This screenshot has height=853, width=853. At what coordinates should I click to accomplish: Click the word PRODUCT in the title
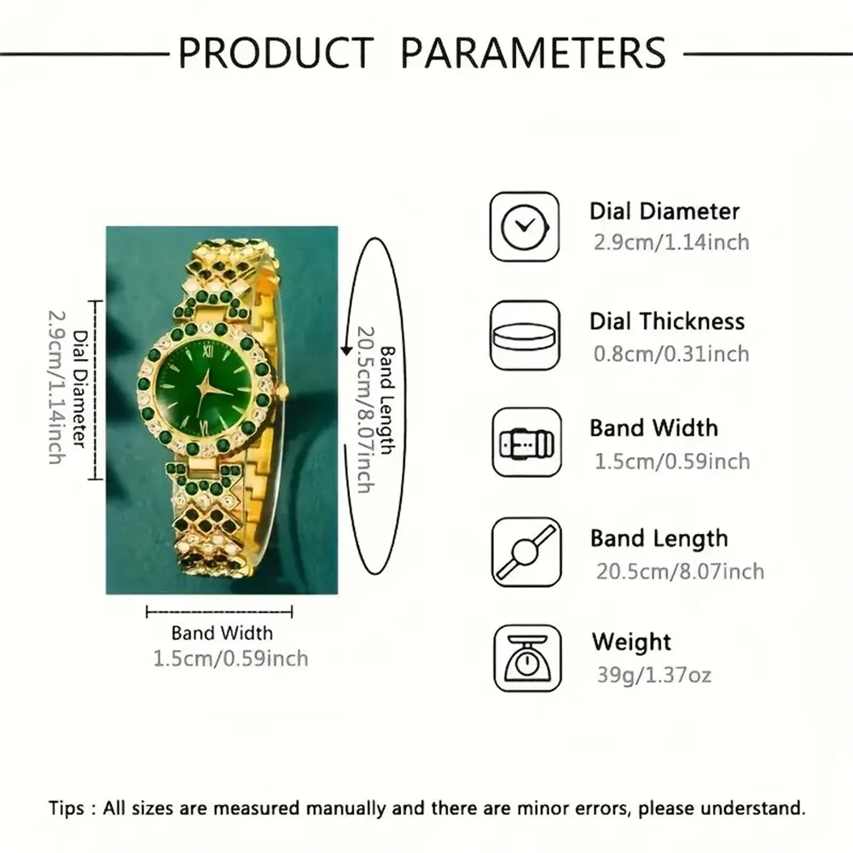tap(275, 52)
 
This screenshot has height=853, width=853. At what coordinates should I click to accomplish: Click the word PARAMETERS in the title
tap(533, 52)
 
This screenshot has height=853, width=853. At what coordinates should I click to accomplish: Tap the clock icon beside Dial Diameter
tap(525, 227)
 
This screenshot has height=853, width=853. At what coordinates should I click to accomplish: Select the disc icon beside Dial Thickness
tap(525, 335)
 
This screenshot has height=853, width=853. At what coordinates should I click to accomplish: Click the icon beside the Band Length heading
tap(526, 552)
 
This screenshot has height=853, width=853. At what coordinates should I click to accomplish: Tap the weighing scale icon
tap(526, 658)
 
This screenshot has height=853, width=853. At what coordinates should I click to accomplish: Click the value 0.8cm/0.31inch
tap(671, 353)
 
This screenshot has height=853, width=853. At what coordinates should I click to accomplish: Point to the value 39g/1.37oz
tap(653, 676)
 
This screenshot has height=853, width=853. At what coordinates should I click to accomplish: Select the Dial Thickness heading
tap(667, 322)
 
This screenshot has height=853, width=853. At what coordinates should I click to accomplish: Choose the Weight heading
tap(631, 641)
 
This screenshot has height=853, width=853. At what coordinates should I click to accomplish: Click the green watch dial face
tap(204, 387)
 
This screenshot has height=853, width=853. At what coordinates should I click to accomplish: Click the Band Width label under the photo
tap(222, 633)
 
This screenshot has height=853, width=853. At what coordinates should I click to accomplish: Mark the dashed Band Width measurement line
tap(219, 611)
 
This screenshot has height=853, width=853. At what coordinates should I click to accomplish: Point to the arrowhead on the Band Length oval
tap(346, 349)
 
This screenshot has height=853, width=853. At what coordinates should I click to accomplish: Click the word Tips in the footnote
tap(66, 808)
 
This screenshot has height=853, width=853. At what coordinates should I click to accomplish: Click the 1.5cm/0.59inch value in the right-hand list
tap(671, 461)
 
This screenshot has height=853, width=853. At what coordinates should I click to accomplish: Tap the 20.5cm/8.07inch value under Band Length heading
tap(679, 571)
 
